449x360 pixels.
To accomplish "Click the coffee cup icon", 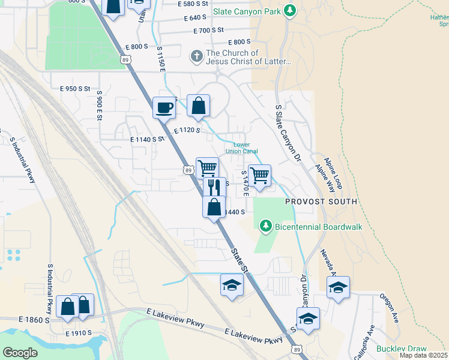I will [x=164, y=108].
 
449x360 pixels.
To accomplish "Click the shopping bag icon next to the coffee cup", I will [x=198, y=106].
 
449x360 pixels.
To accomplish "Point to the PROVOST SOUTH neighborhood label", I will [x=321, y=202].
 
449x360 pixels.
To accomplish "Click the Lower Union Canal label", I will [x=242, y=148].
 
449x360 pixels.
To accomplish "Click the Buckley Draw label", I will [x=401, y=349].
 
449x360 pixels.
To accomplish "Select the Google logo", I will [x=20, y=353].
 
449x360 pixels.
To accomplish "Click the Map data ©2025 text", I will [x=423, y=355].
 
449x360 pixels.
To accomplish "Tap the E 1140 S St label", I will [x=147, y=139].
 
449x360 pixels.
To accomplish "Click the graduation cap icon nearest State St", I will [x=232, y=285].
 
